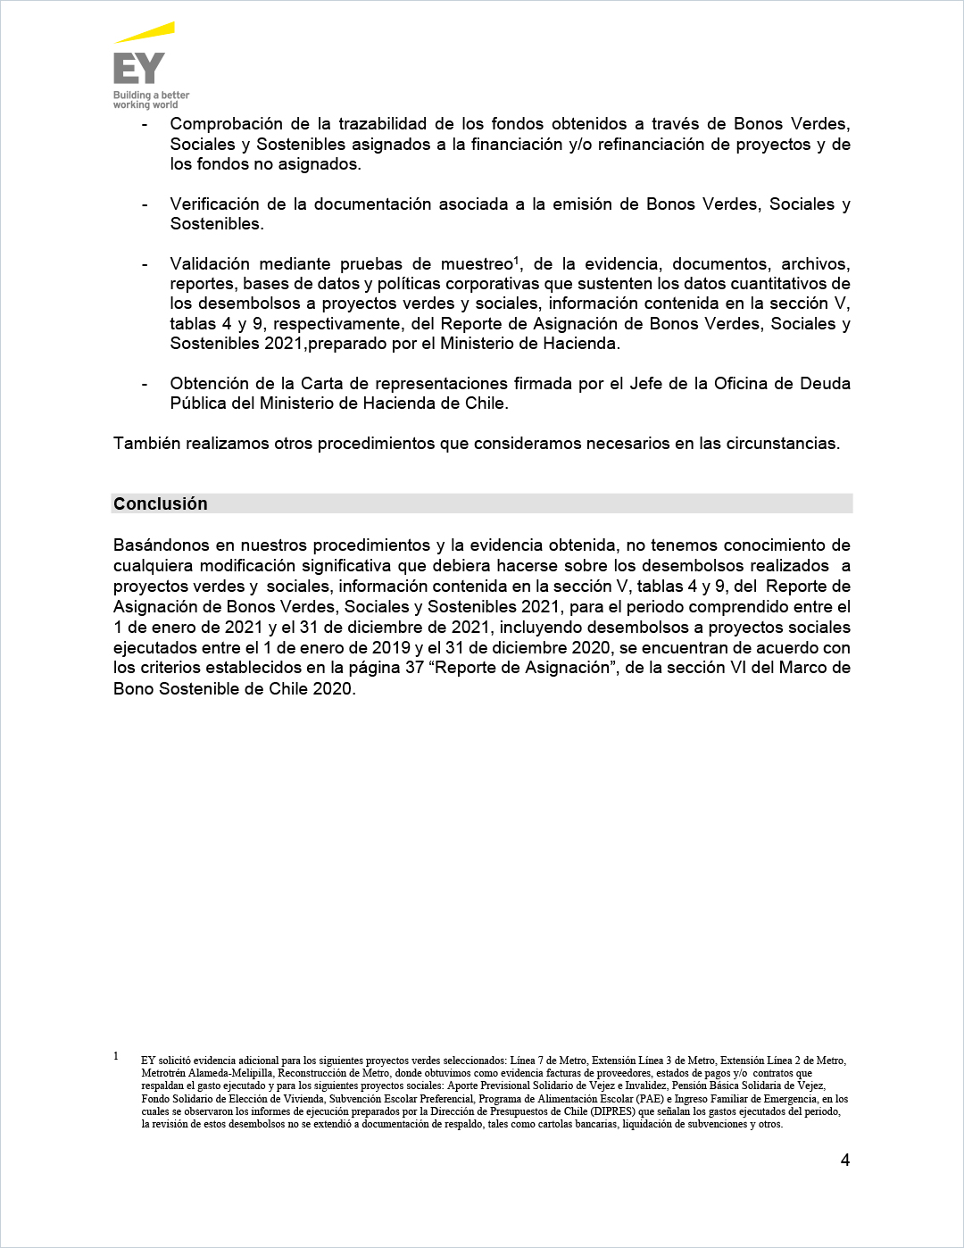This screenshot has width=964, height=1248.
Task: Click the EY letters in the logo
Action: point(138,69)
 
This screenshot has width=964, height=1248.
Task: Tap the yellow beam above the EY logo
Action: point(145,34)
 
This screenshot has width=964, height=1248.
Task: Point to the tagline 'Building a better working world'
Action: point(151,100)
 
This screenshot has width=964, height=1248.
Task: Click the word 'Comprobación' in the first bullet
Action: point(227,124)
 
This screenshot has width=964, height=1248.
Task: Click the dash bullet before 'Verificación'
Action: point(145,204)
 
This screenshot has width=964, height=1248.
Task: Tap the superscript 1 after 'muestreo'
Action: point(517,260)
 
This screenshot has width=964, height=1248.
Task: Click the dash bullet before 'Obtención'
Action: point(145,384)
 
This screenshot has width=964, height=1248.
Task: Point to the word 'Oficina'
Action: point(757,384)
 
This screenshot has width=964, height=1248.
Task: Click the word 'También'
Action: point(146,444)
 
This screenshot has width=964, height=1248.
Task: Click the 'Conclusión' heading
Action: point(161,504)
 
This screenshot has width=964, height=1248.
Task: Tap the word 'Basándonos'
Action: point(162,545)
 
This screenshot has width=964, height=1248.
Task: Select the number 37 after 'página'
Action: point(414,668)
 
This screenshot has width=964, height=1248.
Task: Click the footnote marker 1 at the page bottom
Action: point(116,1056)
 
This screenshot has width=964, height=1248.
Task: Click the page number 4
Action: point(845,1161)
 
